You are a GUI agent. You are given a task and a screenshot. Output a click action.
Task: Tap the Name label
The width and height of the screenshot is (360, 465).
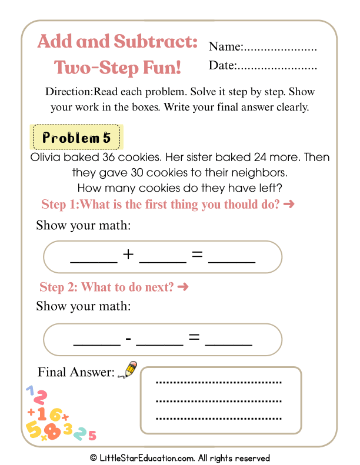click(x=225, y=47)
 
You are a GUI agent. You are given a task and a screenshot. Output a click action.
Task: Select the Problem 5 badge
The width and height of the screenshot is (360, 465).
click(x=76, y=138)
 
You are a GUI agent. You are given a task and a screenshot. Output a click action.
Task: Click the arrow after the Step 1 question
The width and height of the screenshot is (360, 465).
click(x=288, y=205)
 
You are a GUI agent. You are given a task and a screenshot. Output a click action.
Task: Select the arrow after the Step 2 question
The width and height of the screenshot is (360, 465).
click(x=182, y=287)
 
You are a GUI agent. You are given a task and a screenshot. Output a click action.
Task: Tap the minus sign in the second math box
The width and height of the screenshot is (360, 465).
click(x=128, y=339)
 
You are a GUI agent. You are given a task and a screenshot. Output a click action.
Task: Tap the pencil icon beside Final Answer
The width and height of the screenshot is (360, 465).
click(x=127, y=369)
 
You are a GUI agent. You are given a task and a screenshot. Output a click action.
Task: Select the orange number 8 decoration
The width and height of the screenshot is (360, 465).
click(x=52, y=431)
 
